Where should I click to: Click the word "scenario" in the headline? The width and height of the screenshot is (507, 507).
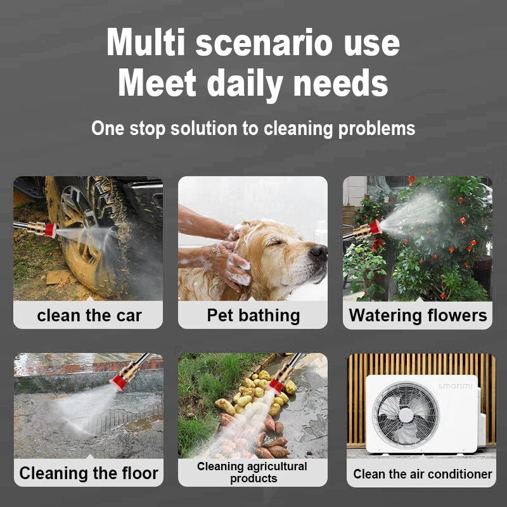264,42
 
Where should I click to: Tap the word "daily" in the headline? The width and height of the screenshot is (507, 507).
245,84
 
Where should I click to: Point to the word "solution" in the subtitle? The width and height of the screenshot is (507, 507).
203,129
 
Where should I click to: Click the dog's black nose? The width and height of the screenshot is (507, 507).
318,251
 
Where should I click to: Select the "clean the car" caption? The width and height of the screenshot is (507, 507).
89,315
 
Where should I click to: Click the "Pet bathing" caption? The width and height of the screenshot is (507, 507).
253,316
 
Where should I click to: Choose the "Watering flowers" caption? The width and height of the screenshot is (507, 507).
418,315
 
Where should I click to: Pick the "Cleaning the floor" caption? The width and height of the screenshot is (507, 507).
89,473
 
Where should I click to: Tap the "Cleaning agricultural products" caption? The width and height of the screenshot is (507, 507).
252,472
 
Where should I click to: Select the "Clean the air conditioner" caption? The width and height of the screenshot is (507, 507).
422,474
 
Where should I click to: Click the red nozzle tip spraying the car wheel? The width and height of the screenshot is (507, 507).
51,230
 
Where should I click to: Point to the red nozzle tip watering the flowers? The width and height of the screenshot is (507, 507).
375,227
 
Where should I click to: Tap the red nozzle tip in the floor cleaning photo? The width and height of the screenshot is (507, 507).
119,383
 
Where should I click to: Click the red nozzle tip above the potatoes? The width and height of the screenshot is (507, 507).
276,386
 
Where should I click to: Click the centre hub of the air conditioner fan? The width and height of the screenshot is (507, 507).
406,415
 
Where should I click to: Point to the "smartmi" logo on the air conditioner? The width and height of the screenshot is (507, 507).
455,386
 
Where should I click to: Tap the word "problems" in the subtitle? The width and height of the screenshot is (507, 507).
376,129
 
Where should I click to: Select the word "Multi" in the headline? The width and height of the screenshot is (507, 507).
146,42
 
